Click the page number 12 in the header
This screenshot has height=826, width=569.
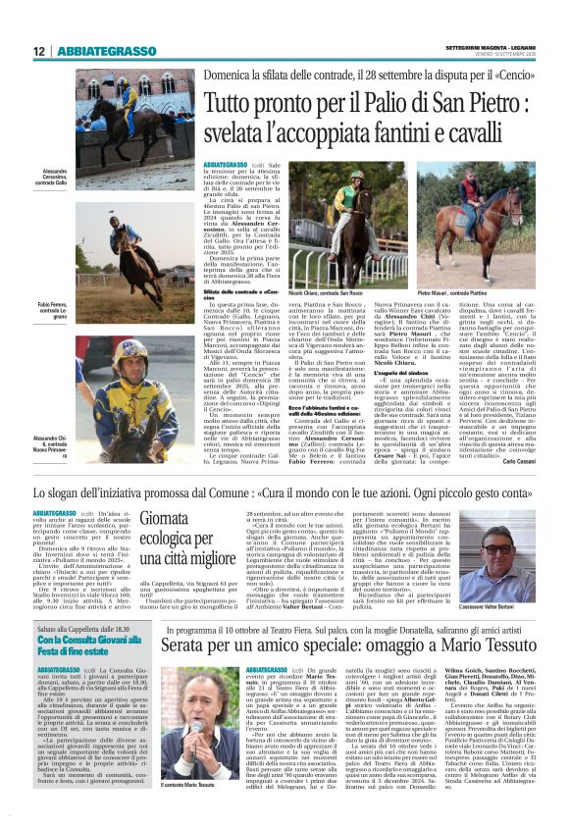[38, 51]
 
